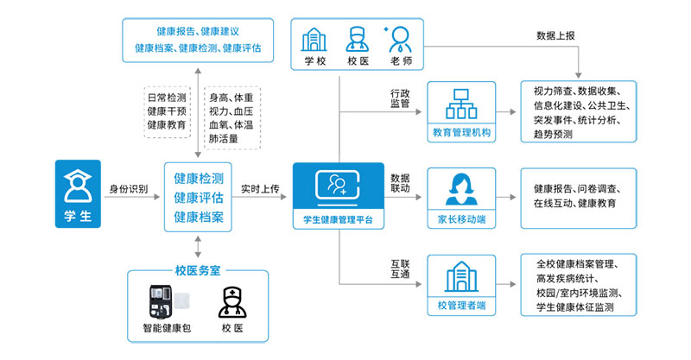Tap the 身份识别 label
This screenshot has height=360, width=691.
[129, 188]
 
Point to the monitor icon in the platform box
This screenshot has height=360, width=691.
[338, 185]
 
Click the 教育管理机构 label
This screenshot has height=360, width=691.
[461, 133]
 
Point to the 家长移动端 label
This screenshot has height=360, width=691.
[461, 219]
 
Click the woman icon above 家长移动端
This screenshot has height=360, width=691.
[460, 187]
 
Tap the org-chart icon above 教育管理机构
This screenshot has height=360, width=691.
[460, 104]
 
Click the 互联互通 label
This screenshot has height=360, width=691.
[400, 269]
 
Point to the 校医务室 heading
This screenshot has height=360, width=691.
[199, 270]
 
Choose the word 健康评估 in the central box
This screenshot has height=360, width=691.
[199, 198]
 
